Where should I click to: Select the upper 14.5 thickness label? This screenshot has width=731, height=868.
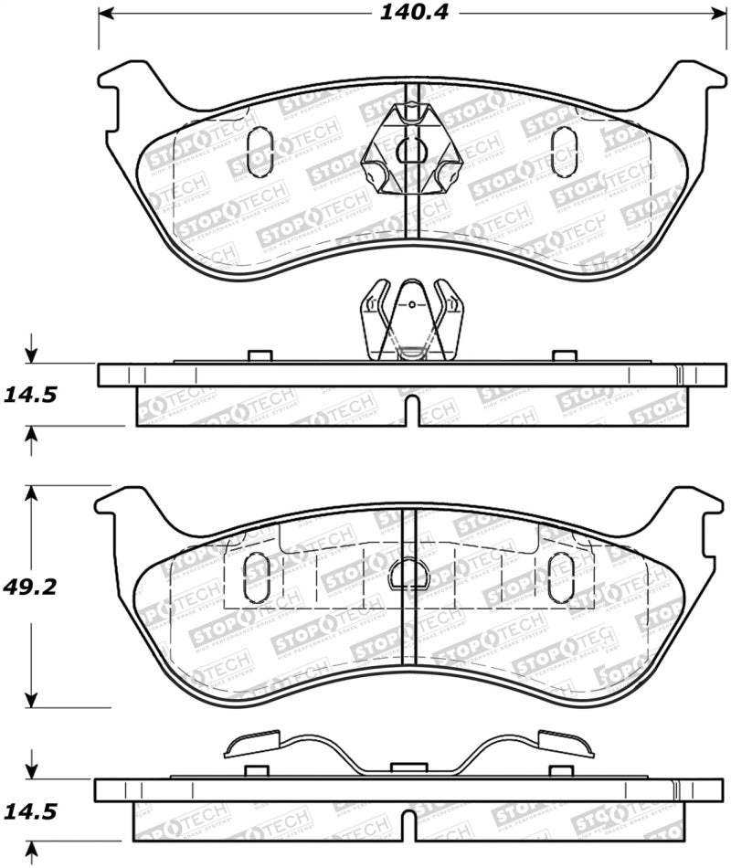click(x=32, y=395)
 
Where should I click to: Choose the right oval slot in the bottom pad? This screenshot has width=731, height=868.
click(x=559, y=577)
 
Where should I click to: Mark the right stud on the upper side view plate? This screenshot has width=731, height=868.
click(x=565, y=356)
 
